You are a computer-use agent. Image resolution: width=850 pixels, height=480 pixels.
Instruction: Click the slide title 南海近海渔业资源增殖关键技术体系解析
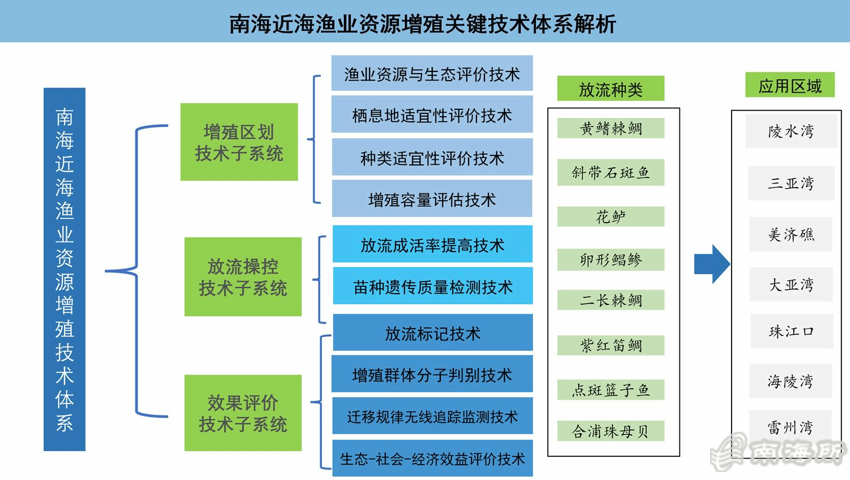[422, 24]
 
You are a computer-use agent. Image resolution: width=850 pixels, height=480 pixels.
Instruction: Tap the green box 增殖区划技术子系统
[239, 142]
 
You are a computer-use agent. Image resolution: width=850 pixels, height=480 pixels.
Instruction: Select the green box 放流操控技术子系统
[243, 277]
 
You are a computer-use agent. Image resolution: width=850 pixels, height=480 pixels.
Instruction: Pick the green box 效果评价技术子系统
[243, 413]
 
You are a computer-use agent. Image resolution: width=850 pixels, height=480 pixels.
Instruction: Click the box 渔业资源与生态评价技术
[432, 73]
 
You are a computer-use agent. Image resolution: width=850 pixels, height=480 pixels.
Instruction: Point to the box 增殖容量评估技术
[432, 198]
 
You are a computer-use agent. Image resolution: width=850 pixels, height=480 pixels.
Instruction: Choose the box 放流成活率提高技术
[432, 244]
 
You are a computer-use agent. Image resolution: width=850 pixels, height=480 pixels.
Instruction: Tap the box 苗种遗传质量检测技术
[432, 286]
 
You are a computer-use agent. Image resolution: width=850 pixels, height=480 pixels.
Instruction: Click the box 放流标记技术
[432, 333]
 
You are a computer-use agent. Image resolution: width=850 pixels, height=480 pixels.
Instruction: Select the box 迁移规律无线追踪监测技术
[432, 416]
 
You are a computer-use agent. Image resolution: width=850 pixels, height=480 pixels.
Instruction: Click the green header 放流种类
[610, 88]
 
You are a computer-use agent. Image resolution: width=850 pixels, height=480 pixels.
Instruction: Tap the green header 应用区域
[790, 84]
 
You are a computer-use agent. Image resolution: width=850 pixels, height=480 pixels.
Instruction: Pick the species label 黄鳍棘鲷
[610, 128]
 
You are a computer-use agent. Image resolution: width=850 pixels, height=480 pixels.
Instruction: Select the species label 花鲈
[610, 216]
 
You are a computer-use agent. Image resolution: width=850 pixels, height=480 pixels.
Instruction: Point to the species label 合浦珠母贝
[610, 431]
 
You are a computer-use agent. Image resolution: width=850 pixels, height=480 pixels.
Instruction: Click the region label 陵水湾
[791, 131]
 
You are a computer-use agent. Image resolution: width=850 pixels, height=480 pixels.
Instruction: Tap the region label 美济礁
[791, 234]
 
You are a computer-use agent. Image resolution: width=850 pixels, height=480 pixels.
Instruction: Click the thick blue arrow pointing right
[712, 264]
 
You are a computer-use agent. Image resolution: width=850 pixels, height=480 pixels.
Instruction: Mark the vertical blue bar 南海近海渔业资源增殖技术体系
[65, 269]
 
